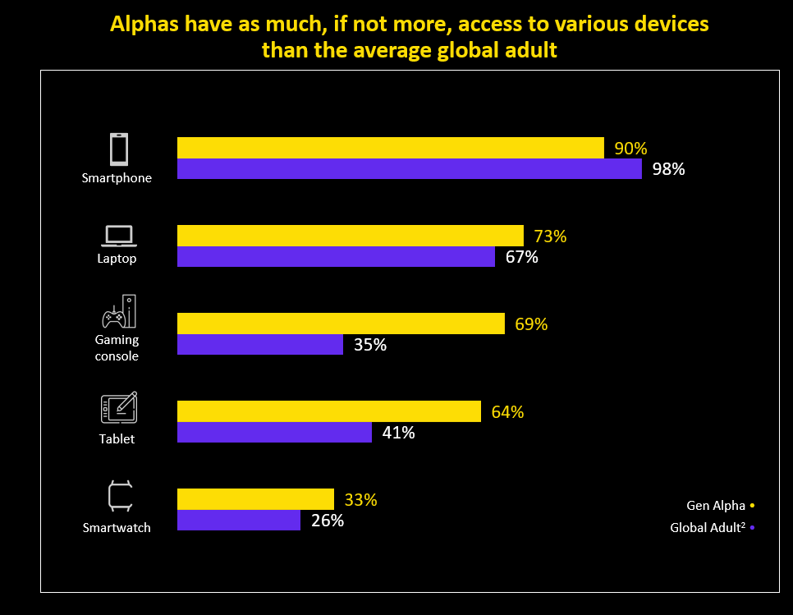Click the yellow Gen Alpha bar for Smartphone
point(391,148)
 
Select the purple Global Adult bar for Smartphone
point(410,169)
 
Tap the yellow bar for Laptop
point(351,236)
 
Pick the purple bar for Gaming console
point(260,345)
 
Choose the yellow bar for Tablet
point(329,411)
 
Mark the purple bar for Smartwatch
point(239,520)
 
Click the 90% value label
point(630,149)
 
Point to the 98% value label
point(668,170)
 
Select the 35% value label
point(369,345)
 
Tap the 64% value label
point(507,412)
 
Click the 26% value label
point(327,521)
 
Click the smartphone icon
point(118,149)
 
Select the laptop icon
point(118,236)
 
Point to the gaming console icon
point(118,311)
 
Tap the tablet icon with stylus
point(118,408)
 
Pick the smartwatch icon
point(119,497)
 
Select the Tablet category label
point(117,439)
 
